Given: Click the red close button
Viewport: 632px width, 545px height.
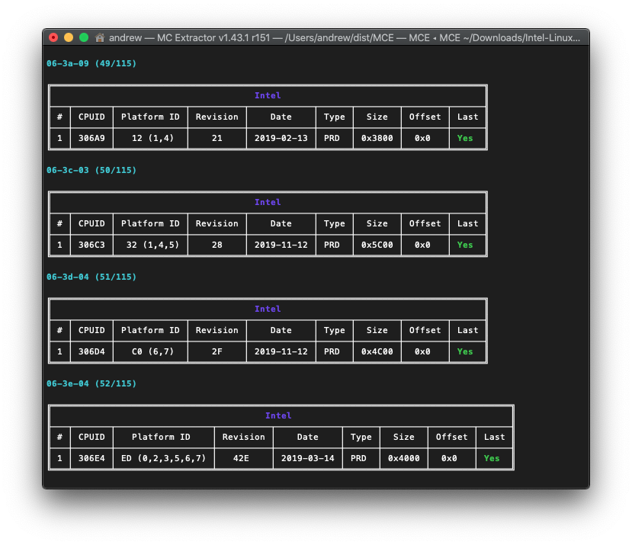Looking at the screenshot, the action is coord(53,37).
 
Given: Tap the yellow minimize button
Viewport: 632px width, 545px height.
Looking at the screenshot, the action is coord(69,37).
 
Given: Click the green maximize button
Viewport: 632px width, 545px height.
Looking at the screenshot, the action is coord(84,37).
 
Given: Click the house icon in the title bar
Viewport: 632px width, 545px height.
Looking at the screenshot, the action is coord(100,37).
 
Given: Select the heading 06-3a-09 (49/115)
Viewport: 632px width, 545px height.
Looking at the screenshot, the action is coord(91,63).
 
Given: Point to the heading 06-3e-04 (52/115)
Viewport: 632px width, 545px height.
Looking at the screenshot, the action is coord(91,383).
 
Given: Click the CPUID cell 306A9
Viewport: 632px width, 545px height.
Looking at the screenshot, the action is coord(91,138).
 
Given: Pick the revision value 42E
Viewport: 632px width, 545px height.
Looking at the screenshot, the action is coord(241,458).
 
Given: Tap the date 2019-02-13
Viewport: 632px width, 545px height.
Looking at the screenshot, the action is coord(281,138).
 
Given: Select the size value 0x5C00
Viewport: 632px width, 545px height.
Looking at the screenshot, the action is coord(377,245).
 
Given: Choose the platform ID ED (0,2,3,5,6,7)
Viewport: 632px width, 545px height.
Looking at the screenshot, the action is coord(164,458).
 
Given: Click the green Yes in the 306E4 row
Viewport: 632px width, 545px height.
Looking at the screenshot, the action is coord(492,458).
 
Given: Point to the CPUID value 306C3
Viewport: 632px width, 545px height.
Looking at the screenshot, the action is coord(91,245).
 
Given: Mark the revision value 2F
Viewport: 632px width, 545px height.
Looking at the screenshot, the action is coord(217,351).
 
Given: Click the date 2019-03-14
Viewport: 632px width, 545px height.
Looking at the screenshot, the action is coord(307,458).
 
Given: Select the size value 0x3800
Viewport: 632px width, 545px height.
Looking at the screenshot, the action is coord(377,138).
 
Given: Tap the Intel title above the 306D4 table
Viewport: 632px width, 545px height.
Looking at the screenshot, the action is coord(268,309).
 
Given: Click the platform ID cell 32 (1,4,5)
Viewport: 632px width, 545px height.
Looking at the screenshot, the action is coord(152,245).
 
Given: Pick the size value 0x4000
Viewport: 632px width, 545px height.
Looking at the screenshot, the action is coord(403,458).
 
